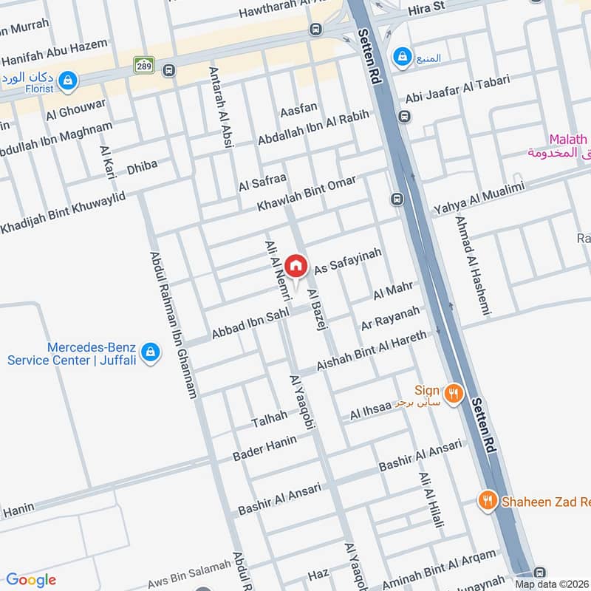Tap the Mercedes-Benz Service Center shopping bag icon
pos(151,353)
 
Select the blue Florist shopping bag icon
pos(68,80)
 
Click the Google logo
pos(31,580)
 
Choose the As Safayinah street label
pos(348,262)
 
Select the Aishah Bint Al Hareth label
pos(371,350)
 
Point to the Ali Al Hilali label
pos(432,502)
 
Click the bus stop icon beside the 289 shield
pos(169,71)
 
